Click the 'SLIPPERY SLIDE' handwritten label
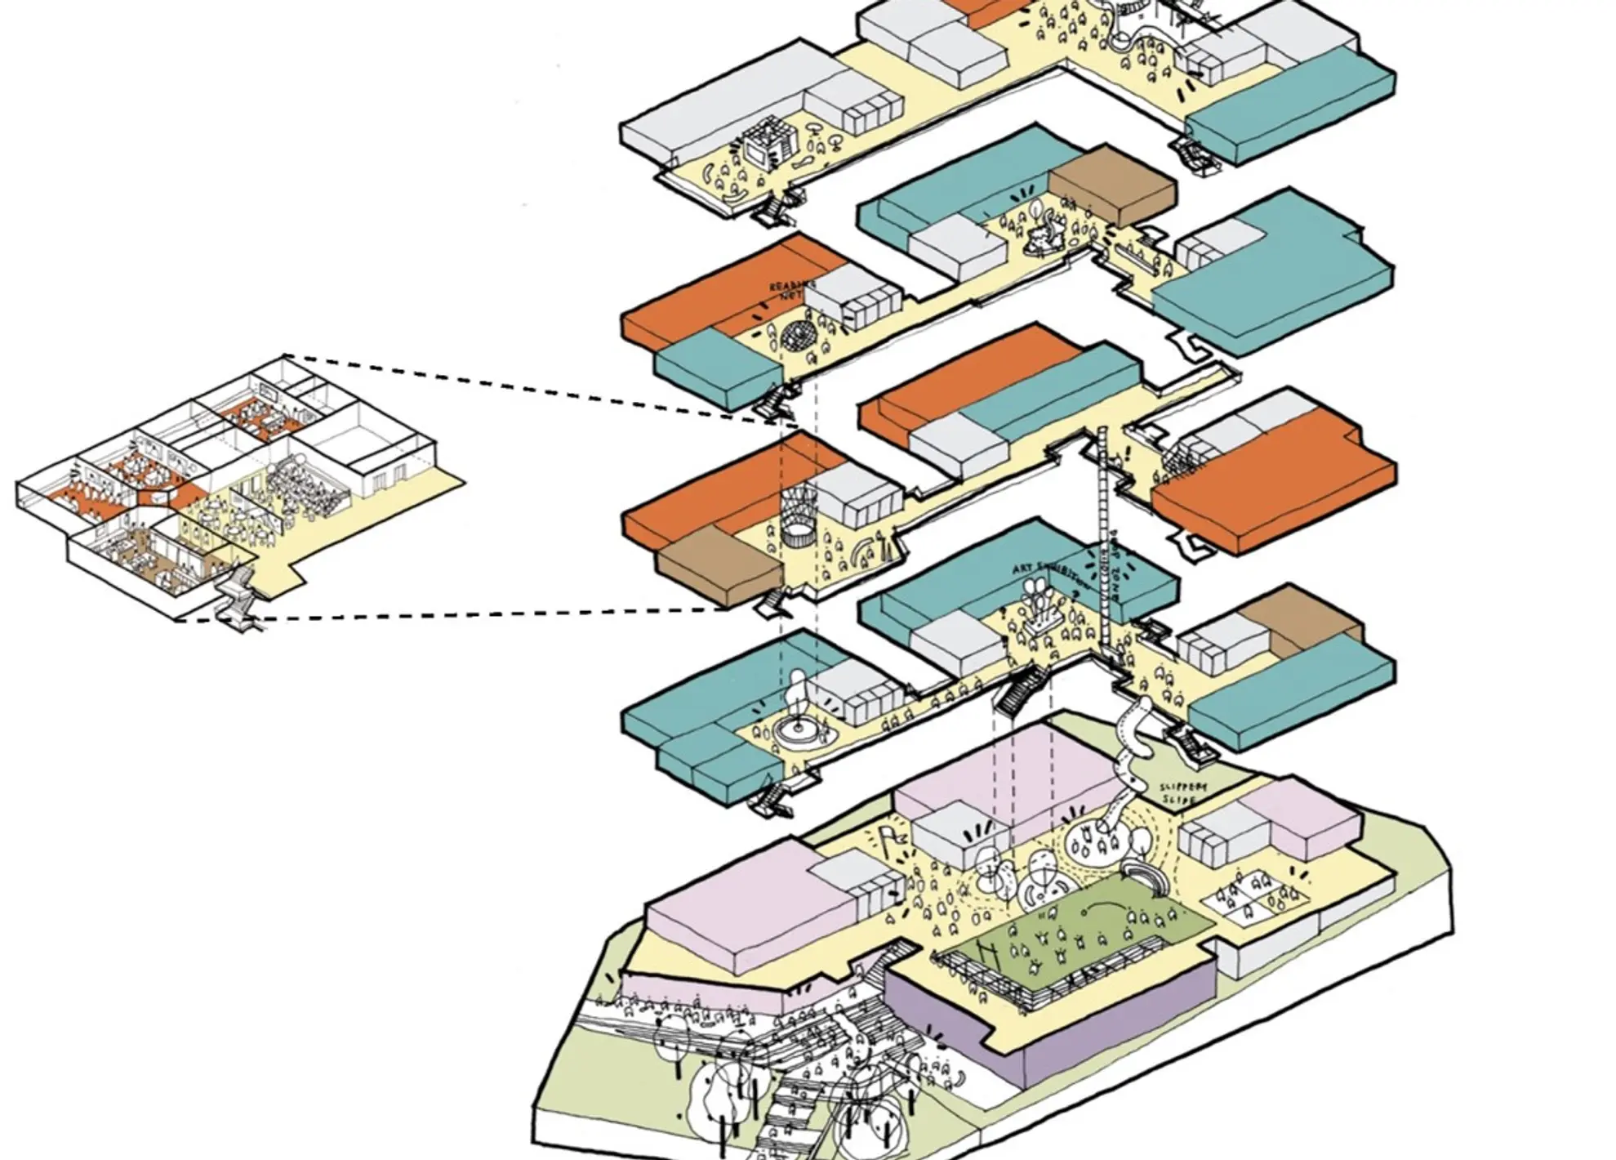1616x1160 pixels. click(x=1183, y=792)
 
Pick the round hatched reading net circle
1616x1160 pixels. click(x=798, y=335)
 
